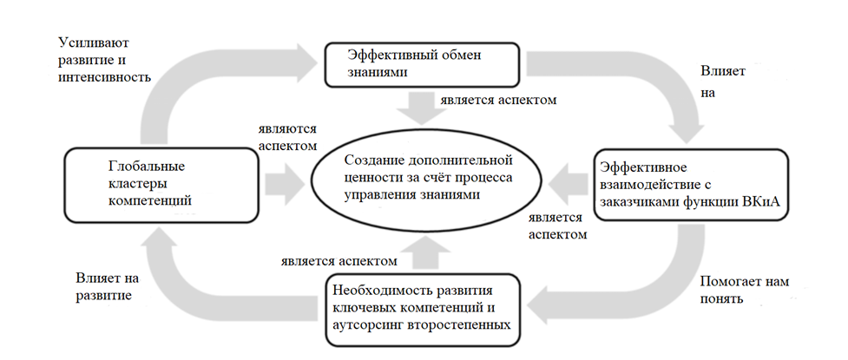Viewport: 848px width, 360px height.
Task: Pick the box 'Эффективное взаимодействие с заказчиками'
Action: [x=691, y=183]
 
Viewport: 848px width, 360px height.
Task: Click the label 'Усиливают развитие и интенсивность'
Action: [x=104, y=59]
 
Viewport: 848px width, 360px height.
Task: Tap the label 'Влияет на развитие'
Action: [x=102, y=287]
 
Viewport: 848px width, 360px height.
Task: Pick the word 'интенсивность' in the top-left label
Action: [x=104, y=76]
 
